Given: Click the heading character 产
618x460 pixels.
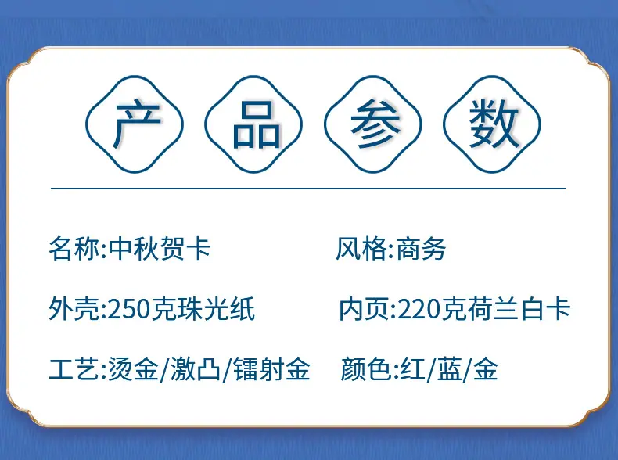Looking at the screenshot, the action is pyautogui.click(x=136, y=125).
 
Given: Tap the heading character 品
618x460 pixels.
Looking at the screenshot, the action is pyautogui.click(x=256, y=125).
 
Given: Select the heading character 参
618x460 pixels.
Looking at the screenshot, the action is pyautogui.click(x=375, y=124).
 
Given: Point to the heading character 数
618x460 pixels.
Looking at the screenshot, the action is pyautogui.click(x=494, y=124).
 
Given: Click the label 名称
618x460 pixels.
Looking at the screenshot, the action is pyautogui.click(x=74, y=249).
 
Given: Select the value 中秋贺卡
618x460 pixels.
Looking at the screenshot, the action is pyautogui.click(x=160, y=249).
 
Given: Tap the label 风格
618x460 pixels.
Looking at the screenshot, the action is pyautogui.click(x=361, y=249).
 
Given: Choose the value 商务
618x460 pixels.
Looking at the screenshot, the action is pyautogui.click(x=421, y=249).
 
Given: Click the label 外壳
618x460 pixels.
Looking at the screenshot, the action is pyautogui.click(x=74, y=309).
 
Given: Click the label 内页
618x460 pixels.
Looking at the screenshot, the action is pyautogui.click(x=365, y=309).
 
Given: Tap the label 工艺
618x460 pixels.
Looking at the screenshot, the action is pyautogui.click(x=74, y=368).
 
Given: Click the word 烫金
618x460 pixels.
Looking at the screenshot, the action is pyautogui.click(x=133, y=368).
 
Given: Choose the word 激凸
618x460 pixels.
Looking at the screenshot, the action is pyautogui.click(x=195, y=368).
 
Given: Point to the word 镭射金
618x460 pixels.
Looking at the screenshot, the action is pyautogui.click(x=272, y=368).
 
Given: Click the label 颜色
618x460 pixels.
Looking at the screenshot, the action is pyautogui.click(x=365, y=368).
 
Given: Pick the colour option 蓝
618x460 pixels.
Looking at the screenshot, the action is pyautogui.click(x=449, y=368).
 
